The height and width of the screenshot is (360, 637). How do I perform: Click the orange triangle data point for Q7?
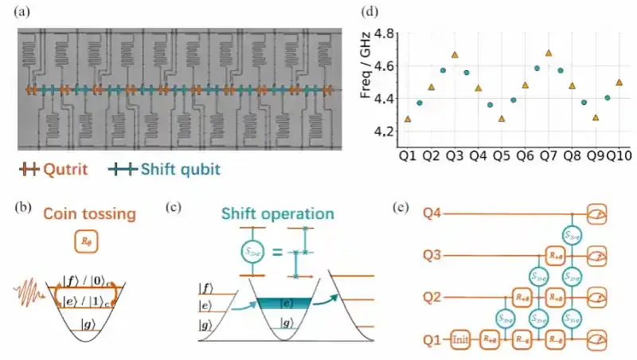(549, 53)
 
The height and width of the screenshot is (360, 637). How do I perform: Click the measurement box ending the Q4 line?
(596, 213)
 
